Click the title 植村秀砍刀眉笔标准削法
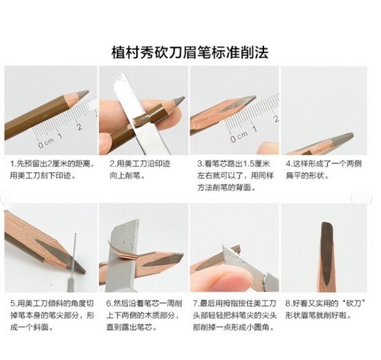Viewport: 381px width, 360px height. pos(190,52)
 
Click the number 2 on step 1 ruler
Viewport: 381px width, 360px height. pos(79,126)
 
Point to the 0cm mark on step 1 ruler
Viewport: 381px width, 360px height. pos(46,143)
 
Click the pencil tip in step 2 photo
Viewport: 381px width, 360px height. pos(178,101)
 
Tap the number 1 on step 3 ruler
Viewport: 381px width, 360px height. pos(254,129)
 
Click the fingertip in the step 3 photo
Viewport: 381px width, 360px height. pos(268,148)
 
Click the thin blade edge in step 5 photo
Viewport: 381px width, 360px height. pos(74,255)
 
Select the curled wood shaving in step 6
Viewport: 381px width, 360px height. pos(122,252)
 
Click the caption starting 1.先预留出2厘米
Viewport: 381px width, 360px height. pos(51,170)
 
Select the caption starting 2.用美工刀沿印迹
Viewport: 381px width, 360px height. pos(139,170)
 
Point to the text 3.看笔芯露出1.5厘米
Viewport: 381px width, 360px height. pos(233,164)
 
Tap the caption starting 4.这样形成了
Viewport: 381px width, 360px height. pos(323,170)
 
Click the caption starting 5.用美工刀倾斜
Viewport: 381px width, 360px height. pos(52,316)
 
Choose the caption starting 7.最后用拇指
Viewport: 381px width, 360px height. pos(235,316)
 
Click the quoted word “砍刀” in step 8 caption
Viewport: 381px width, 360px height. pos(355,303)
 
